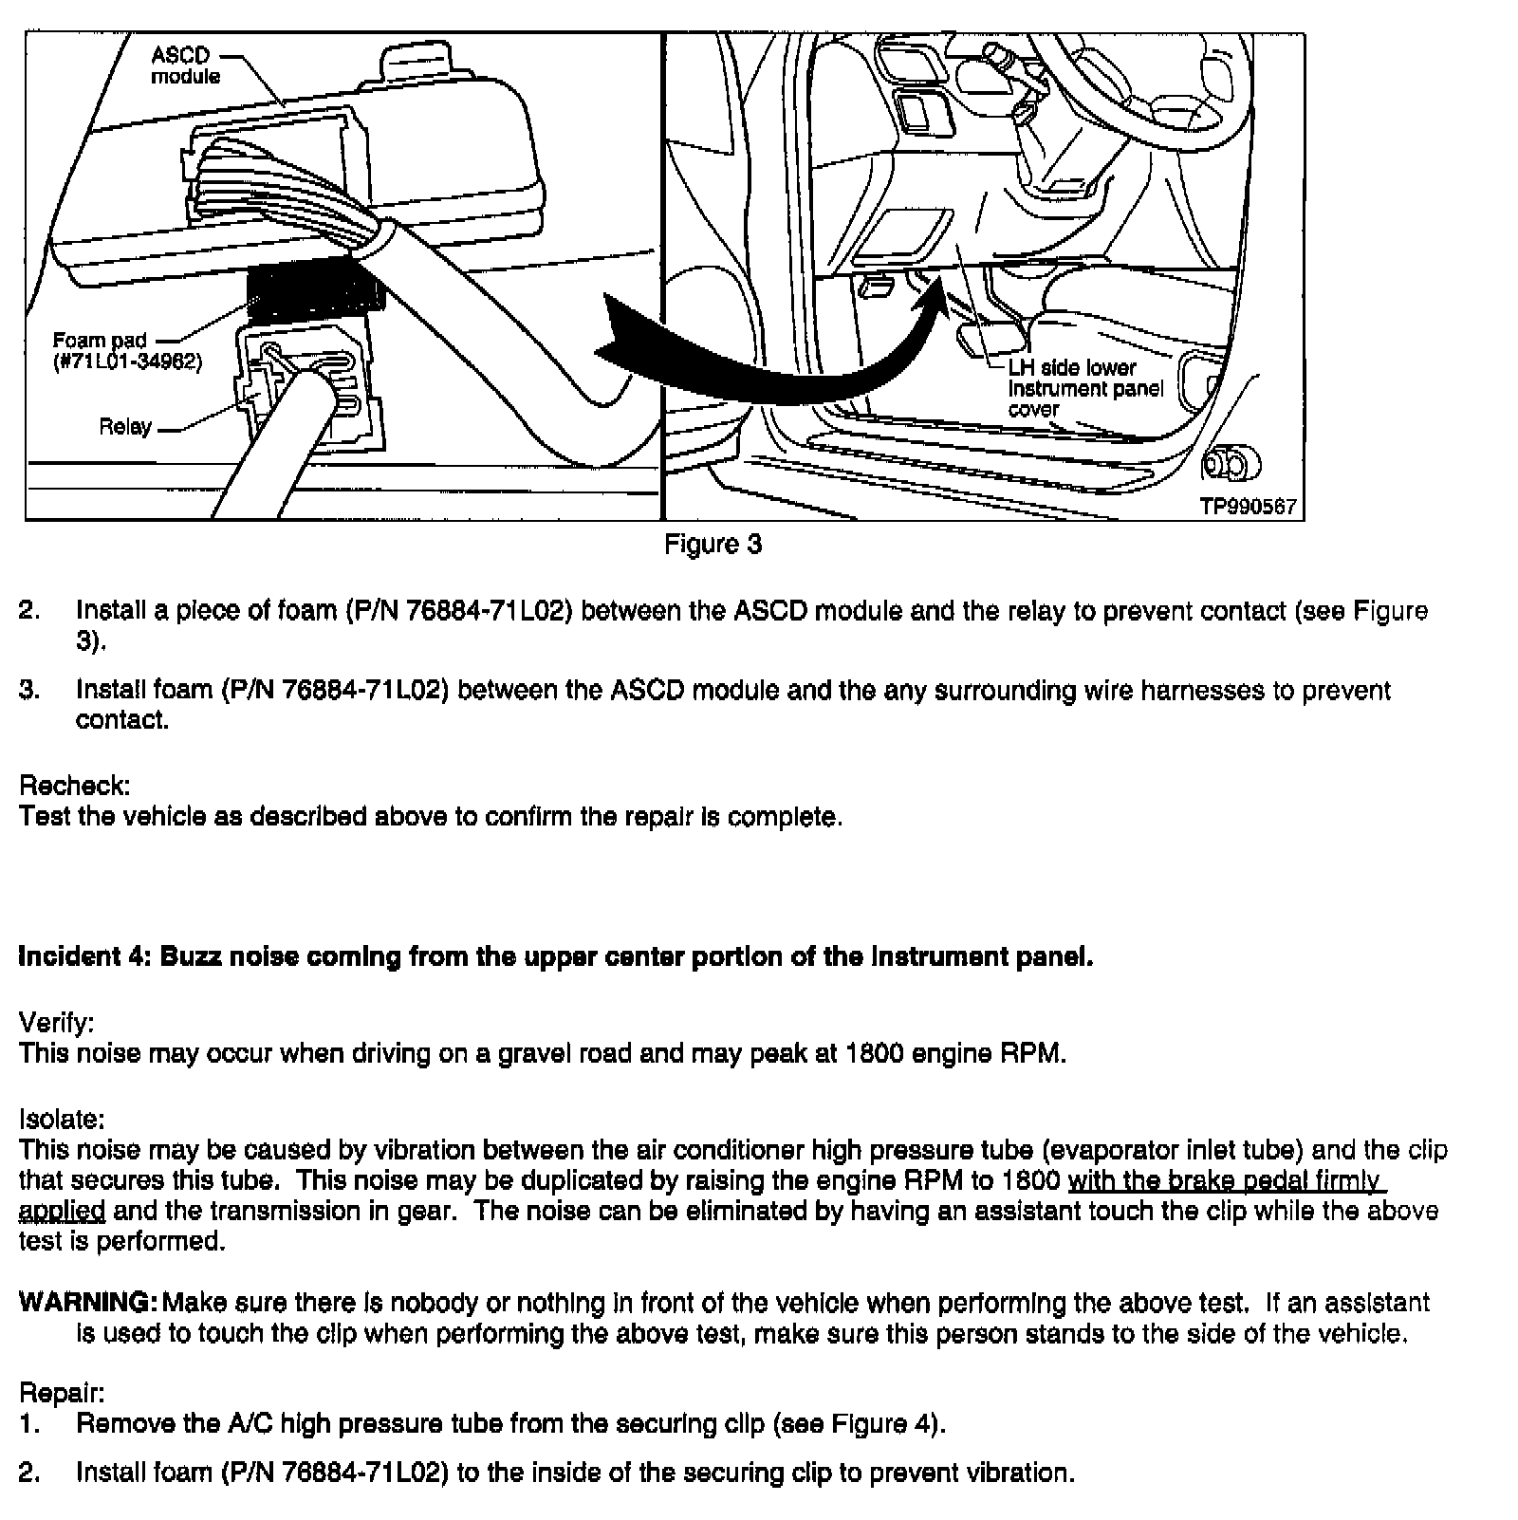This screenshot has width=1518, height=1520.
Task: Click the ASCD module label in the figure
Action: (185, 65)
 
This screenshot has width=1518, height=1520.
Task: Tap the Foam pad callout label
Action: (100, 341)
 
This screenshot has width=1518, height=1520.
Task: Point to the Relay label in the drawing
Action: (125, 427)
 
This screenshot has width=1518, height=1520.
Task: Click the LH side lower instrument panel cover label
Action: (1084, 388)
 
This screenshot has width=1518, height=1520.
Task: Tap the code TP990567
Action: (1248, 507)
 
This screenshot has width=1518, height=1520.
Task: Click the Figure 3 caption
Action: (713, 545)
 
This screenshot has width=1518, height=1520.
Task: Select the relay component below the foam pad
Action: (313, 384)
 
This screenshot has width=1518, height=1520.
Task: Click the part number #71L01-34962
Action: (127, 361)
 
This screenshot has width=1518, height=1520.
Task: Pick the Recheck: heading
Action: (74, 786)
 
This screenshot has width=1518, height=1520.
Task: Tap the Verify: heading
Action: (57, 1023)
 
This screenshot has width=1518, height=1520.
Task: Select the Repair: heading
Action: (62, 1393)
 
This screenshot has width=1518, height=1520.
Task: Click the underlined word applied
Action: (62, 1212)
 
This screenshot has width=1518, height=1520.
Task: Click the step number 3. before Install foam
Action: (29, 690)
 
